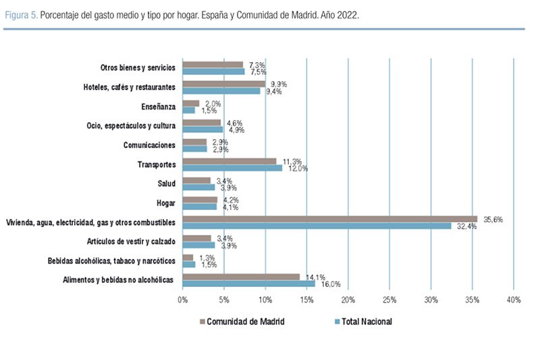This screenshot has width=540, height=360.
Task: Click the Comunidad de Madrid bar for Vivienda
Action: coord(329,219)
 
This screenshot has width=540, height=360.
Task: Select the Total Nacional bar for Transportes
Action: coord(232,168)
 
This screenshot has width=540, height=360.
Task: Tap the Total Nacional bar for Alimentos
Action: coord(248,283)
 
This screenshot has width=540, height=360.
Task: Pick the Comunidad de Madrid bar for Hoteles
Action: coord(223,84)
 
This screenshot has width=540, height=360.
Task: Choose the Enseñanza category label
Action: coord(159,107)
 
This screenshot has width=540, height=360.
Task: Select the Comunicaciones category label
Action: coord(149,145)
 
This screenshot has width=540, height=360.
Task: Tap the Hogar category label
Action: coord(165,203)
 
